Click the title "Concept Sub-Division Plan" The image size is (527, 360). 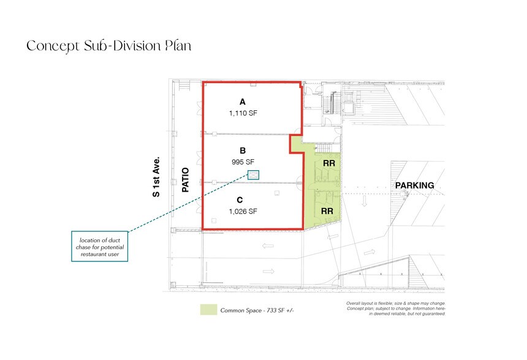click(x=109, y=46)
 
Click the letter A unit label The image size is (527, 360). click(x=242, y=102)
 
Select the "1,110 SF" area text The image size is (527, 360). click(x=243, y=113)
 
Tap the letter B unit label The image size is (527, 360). click(x=243, y=151)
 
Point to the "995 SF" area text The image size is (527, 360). click(x=243, y=162)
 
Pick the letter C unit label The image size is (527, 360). click(x=240, y=200)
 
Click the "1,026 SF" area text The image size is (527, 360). click(x=243, y=211)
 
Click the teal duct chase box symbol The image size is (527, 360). click(x=253, y=174)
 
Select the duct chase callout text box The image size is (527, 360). click(x=100, y=246)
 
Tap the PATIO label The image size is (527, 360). click(x=185, y=180)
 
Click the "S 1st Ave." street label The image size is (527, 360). click(x=156, y=177)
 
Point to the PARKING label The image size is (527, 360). click(x=414, y=186)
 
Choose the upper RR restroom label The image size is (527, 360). click(x=329, y=163)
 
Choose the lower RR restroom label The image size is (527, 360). click(x=327, y=211)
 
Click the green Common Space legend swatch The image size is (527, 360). click(x=209, y=310)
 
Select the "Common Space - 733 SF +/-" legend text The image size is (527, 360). click(x=257, y=310)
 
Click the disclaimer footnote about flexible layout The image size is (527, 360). click(x=396, y=309)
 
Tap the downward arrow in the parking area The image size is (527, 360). click(x=364, y=201)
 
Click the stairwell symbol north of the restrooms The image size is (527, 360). click(x=325, y=148)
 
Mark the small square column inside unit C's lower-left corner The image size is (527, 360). click(x=214, y=220)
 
